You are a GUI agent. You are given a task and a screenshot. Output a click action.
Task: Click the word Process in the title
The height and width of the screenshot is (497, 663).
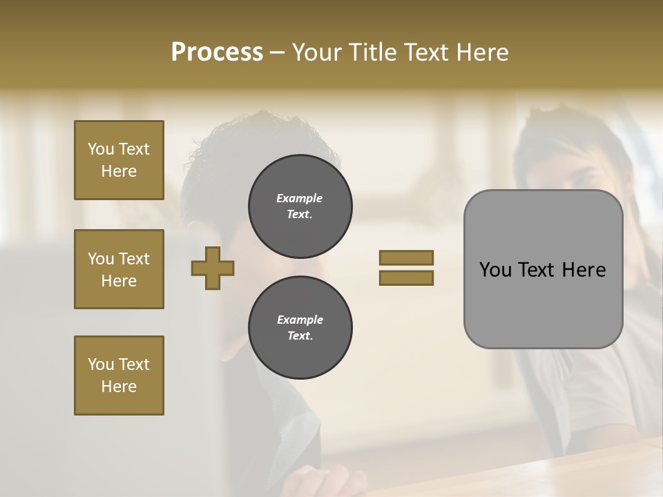pyautogui.click(x=217, y=52)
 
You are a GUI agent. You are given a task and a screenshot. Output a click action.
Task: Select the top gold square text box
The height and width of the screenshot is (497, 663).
pyautogui.click(x=119, y=160)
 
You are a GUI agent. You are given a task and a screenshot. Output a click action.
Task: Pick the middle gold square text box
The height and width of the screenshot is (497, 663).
pyautogui.click(x=119, y=269)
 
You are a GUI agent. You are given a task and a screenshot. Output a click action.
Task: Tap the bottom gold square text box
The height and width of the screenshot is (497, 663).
pyautogui.click(x=119, y=376)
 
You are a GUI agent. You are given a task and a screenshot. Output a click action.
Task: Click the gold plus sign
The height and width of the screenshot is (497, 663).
pyautogui.click(x=213, y=268)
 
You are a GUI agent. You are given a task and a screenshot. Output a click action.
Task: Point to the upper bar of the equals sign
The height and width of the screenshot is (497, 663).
pyautogui.click(x=406, y=257)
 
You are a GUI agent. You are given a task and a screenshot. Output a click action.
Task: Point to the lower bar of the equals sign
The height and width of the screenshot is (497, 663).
pyautogui.click(x=406, y=277)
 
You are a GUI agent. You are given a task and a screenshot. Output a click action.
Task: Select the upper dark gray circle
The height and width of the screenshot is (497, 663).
pyautogui.click(x=300, y=206)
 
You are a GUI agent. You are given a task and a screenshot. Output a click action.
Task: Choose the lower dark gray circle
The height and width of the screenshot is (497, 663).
pyautogui.click(x=300, y=328)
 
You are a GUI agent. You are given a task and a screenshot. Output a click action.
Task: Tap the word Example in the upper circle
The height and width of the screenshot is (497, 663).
pyautogui.click(x=300, y=198)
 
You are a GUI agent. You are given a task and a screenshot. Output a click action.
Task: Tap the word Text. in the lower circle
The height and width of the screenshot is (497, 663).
pyautogui.click(x=300, y=336)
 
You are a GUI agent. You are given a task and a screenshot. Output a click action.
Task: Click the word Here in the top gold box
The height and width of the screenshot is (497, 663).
pyautogui.click(x=119, y=171)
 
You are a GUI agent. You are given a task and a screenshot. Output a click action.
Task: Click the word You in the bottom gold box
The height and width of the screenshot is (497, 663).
pyautogui.click(x=100, y=364)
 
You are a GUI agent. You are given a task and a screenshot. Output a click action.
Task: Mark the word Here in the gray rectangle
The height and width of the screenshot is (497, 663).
pyautogui.click(x=584, y=270)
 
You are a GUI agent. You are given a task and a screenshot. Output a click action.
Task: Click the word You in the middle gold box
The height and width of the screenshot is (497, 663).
pyautogui.click(x=100, y=259)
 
